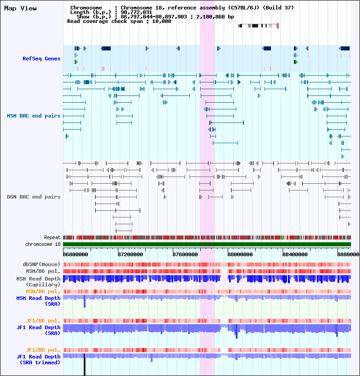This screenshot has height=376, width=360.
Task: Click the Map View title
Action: point(20,8)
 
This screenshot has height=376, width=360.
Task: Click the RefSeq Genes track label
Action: point(41,59)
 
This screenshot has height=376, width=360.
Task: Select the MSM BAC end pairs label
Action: point(34,116)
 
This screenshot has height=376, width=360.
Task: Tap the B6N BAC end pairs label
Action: point(34,197)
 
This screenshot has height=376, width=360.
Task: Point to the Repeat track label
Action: point(52,237)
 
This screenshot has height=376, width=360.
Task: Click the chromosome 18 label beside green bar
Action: point(43,244)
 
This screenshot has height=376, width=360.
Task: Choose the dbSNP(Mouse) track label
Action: point(41,264)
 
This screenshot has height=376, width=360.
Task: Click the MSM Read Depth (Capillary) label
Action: point(38,281)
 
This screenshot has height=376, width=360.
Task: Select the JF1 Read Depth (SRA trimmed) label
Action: point(38,359)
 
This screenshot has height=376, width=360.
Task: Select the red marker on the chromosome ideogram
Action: point(278,26)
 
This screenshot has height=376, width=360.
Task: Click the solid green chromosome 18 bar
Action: point(207,244)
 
